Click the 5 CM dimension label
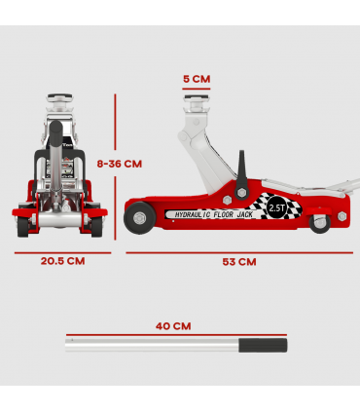point(196,78)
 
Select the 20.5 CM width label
point(62,261)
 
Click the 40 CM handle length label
point(175,325)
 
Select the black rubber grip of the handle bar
point(264,346)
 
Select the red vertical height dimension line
point(115,166)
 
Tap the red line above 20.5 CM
point(62,247)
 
